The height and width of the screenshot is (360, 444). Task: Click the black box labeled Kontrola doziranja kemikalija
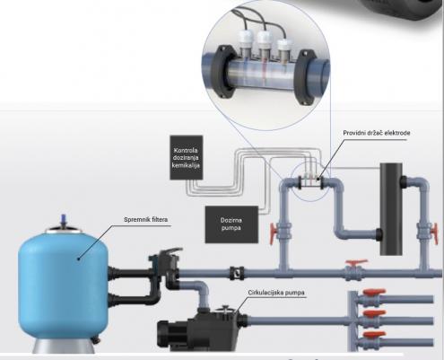point(187,158)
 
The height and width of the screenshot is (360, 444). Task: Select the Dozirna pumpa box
point(231,224)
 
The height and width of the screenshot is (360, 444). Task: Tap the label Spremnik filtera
point(145,220)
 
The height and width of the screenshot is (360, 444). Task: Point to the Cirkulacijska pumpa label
point(276,293)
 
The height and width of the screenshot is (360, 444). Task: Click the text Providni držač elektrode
point(377,133)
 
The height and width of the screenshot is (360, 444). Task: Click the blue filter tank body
point(63,285)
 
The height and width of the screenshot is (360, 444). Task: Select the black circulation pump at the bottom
point(203,330)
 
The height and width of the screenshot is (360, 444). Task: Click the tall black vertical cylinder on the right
point(391,209)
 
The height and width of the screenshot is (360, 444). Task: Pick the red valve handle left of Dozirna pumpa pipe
point(273,233)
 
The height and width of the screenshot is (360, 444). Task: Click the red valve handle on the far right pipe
point(435,233)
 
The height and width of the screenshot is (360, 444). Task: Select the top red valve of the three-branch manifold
point(374,292)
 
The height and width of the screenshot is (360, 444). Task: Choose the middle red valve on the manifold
point(374,313)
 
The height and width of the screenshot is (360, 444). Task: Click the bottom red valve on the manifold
point(374,335)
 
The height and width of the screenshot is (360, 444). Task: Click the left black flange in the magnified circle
point(221,73)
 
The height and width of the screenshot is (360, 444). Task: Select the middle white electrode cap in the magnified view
point(265,38)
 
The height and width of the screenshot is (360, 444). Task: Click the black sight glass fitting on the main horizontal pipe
point(237,273)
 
